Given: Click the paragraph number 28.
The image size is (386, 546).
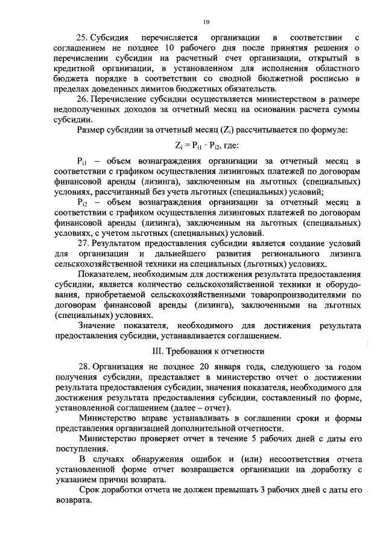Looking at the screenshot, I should tap(83, 366).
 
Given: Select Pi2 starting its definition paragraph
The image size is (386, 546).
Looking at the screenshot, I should tap(83, 202).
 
